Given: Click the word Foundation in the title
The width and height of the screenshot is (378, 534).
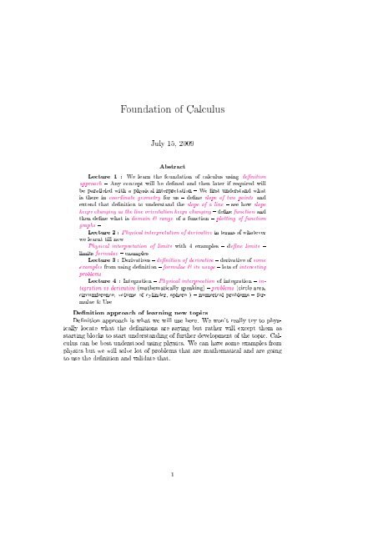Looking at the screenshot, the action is click(154, 86).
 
